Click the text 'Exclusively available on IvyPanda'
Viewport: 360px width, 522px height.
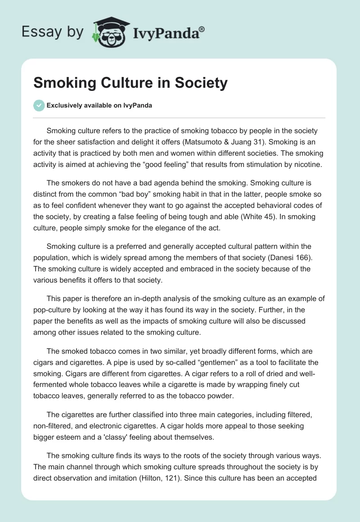click(x=99, y=105)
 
